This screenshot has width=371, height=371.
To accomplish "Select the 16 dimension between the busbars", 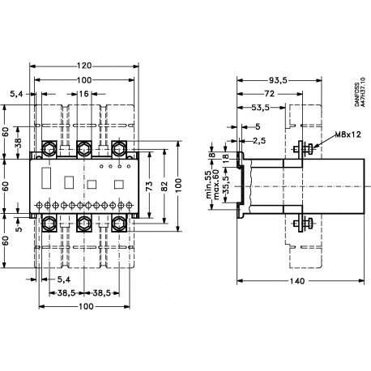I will pos(83,95).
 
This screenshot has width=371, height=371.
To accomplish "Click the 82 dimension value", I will pos(164,185).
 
